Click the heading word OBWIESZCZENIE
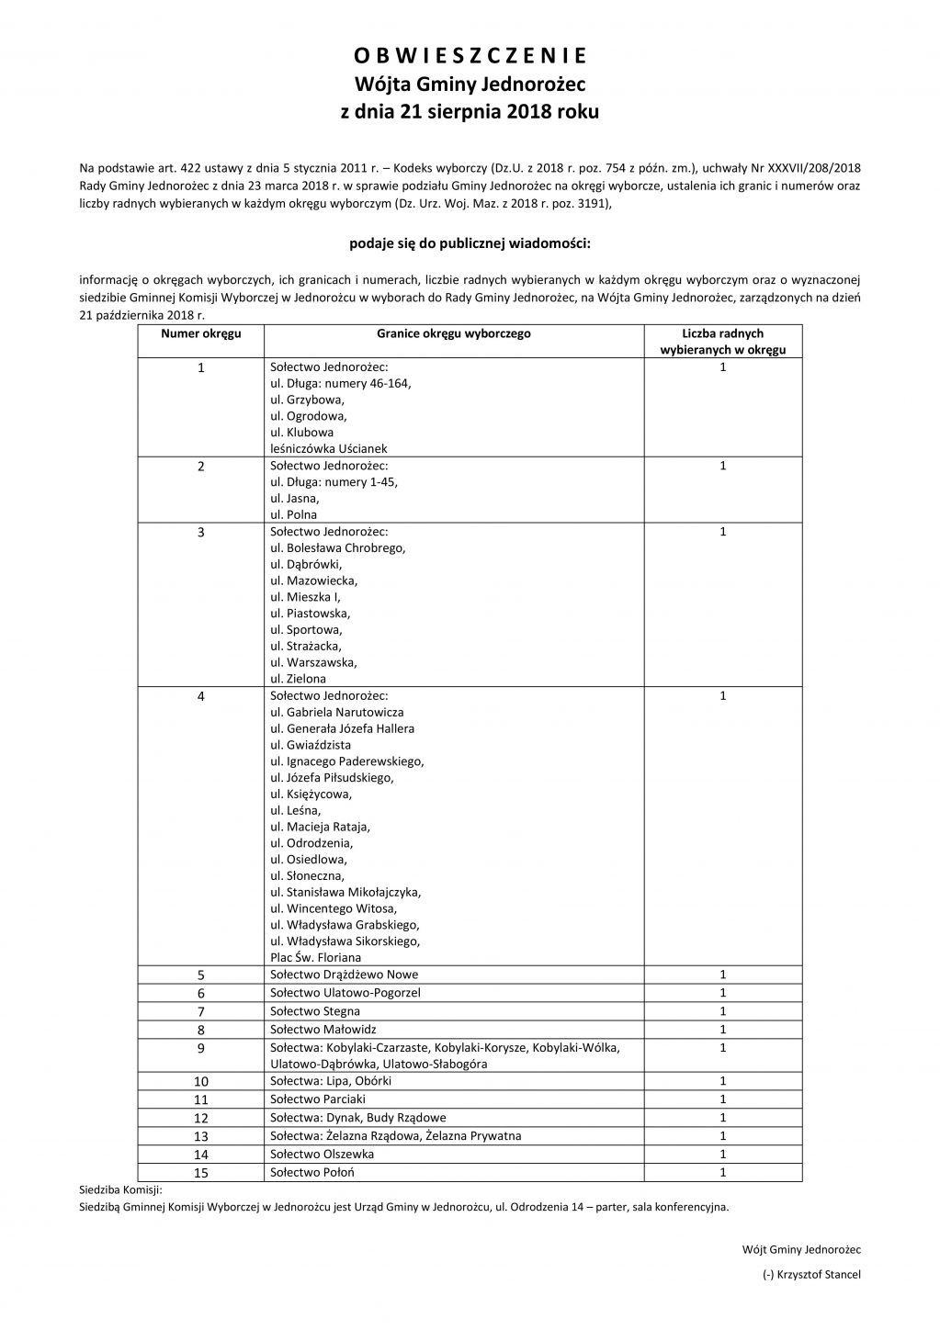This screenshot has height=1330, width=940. click(x=470, y=56)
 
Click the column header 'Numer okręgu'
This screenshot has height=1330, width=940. click(x=201, y=333)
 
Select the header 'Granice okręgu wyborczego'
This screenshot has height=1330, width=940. click(x=453, y=333)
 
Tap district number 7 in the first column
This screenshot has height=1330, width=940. click(x=201, y=1011)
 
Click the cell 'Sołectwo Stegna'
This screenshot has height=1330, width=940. click(x=315, y=1010)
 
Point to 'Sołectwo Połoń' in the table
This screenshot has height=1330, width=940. click(x=312, y=1172)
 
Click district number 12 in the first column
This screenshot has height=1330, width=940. click(x=201, y=1118)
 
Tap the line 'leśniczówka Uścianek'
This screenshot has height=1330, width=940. click(x=329, y=449)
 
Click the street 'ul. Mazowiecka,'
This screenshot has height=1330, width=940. click(x=314, y=580)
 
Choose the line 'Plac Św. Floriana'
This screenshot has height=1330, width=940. click(x=316, y=957)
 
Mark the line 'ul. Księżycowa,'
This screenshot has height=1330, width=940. click(x=311, y=794)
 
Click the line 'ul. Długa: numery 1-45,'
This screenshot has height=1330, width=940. click(x=334, y=482)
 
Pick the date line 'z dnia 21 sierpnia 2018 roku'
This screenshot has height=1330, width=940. click(x=470, y=113)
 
